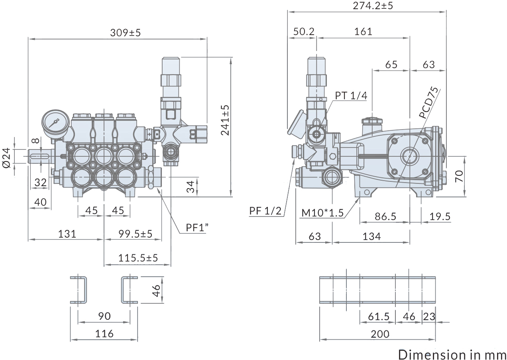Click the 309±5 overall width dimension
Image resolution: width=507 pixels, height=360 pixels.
pyautogui.click(x=125, y=33)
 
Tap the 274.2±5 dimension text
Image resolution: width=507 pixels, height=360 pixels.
pyautogui.click(x=373, y=6)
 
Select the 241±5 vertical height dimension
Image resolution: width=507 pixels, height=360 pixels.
pyautogui.click(x=225, y=120)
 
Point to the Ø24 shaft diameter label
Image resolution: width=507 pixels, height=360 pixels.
pyautogui.click(x=6, y=158)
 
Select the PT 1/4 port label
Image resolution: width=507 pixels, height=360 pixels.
pyautogui.click(x=351, y=95)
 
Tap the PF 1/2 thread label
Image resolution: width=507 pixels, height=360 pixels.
pyautogui.click(x=265, y=211)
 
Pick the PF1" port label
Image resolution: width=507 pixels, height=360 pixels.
pyautogui.click(x=197, y=228)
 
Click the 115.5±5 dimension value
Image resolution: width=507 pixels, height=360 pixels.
pyautogui.click(x=138, y=258)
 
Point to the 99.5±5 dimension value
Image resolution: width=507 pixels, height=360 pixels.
pyautogui.click(x=135, y=234)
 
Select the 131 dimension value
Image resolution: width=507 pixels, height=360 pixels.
pyautogui.click(x=67, y=234)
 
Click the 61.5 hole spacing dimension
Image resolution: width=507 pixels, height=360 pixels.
pyautogui.click(x=378, y=317)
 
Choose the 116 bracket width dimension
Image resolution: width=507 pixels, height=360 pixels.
pyautogui.click(x=104, y=334)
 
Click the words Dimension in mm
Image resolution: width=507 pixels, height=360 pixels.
pyautogui.click(x=452, y=354)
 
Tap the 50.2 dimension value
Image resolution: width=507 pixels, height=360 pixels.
pyautogui.click(x=304, y=31)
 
